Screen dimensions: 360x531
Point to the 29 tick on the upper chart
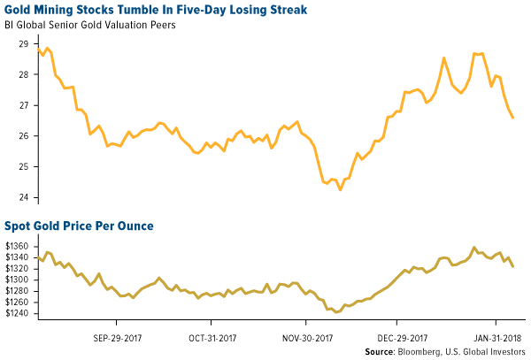(x=23, y=43)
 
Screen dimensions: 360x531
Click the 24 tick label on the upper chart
(x=23, y=197)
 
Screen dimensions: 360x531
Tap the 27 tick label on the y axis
(x=23, y=105)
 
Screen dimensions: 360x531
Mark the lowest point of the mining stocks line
(x=340, y=189)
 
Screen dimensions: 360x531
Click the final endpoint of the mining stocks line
(x=513, y=118)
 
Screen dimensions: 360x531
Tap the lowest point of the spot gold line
(x=337, y=312)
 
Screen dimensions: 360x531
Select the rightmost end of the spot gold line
(x=513, y=266)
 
